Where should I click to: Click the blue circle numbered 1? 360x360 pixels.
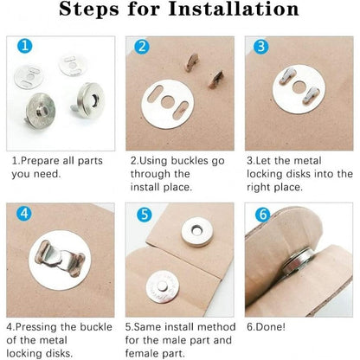pos(24,46)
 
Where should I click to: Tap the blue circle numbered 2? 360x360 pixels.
pos(142,47)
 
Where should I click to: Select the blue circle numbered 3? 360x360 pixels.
pos(260,47)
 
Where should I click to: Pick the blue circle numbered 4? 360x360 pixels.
pos(24,214)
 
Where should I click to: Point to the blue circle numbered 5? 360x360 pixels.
pos(145,215)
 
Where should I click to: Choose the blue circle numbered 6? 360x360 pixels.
pos(263,215)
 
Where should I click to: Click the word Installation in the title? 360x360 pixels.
pos(234,9)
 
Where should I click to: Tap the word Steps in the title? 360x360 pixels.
pos(89,10)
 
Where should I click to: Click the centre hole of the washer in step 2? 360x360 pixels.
pos(167,102)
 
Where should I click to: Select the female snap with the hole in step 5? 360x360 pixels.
pos(197,232)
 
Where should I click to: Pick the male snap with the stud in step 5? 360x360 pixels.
pos(163,288)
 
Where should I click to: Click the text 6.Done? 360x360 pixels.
pos(266,327)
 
